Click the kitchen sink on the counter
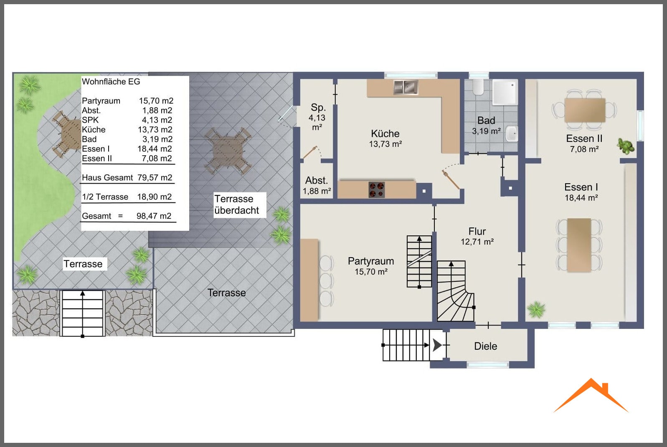tap(406, 88)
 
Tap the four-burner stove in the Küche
tap(377, 190)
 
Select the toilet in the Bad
tap(478, 86)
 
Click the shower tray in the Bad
tap(505, 92)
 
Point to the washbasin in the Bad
tap(512, 134)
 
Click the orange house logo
tap(591, 396)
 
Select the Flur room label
tap(477, 231)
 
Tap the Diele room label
tap(485, 346)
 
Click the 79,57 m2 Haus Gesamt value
tap(155, 178)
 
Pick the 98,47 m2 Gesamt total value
tap(154, 216)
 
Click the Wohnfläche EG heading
tap(111, 81)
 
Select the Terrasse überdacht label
tap(237, 205)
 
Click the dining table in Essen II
tap(585, 110)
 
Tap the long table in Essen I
tap(579, 245)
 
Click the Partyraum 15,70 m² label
tap(371, 266)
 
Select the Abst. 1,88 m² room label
tap(317, 185)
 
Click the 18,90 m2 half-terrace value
tap(154, 197)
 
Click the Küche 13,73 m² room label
tap(385, 139)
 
